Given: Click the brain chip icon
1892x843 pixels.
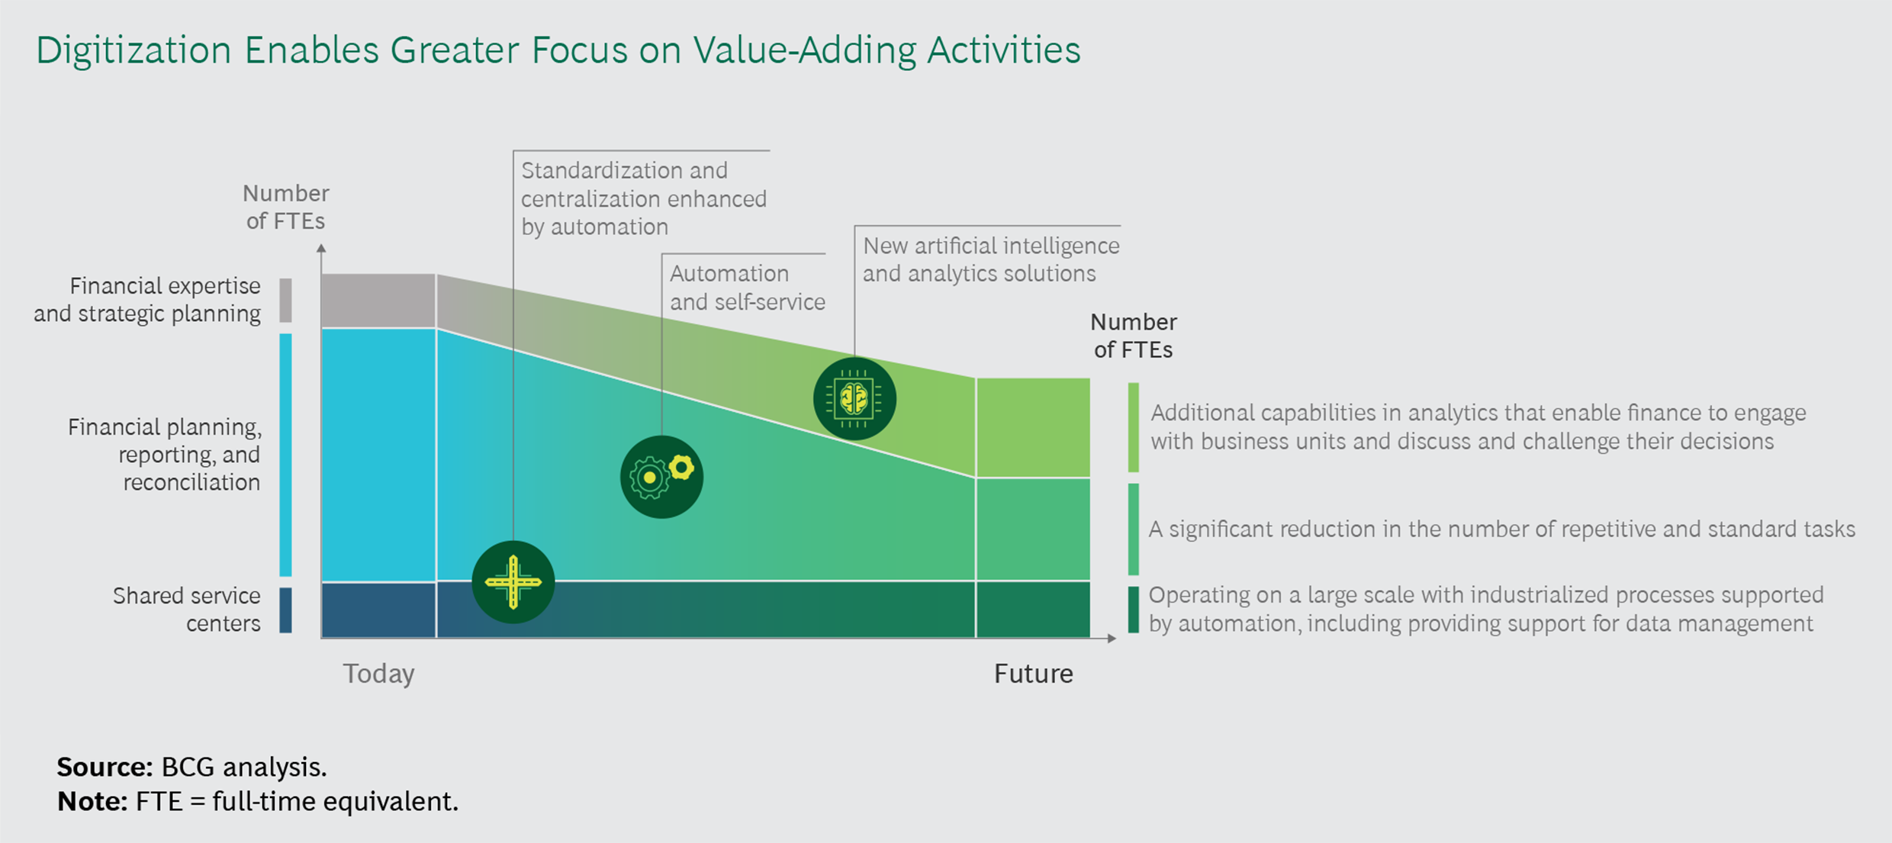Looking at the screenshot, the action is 854,398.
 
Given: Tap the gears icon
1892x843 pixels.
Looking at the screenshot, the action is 661,477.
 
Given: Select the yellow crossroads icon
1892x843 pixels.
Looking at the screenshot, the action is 513,582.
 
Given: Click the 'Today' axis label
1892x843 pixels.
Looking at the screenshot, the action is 378,674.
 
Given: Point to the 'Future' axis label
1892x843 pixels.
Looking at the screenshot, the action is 1033,674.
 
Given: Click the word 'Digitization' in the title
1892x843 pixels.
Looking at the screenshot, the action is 134,50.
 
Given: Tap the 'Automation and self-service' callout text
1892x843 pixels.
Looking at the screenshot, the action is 747,288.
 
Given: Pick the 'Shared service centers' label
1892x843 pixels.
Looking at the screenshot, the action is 187,610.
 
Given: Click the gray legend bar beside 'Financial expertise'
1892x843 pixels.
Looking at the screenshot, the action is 285,300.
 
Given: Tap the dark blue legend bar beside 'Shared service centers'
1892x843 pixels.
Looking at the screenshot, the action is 285,610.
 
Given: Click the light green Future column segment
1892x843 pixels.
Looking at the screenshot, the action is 1033,427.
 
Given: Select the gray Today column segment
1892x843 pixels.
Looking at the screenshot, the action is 378,301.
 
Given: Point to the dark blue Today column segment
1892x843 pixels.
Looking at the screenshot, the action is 378,610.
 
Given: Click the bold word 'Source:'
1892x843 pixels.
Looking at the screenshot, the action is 105,767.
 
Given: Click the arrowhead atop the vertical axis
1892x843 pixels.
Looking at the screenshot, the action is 321,249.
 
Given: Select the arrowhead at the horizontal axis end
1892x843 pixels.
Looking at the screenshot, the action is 1112,638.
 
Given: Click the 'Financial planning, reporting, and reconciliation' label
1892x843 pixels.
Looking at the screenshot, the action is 165,454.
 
